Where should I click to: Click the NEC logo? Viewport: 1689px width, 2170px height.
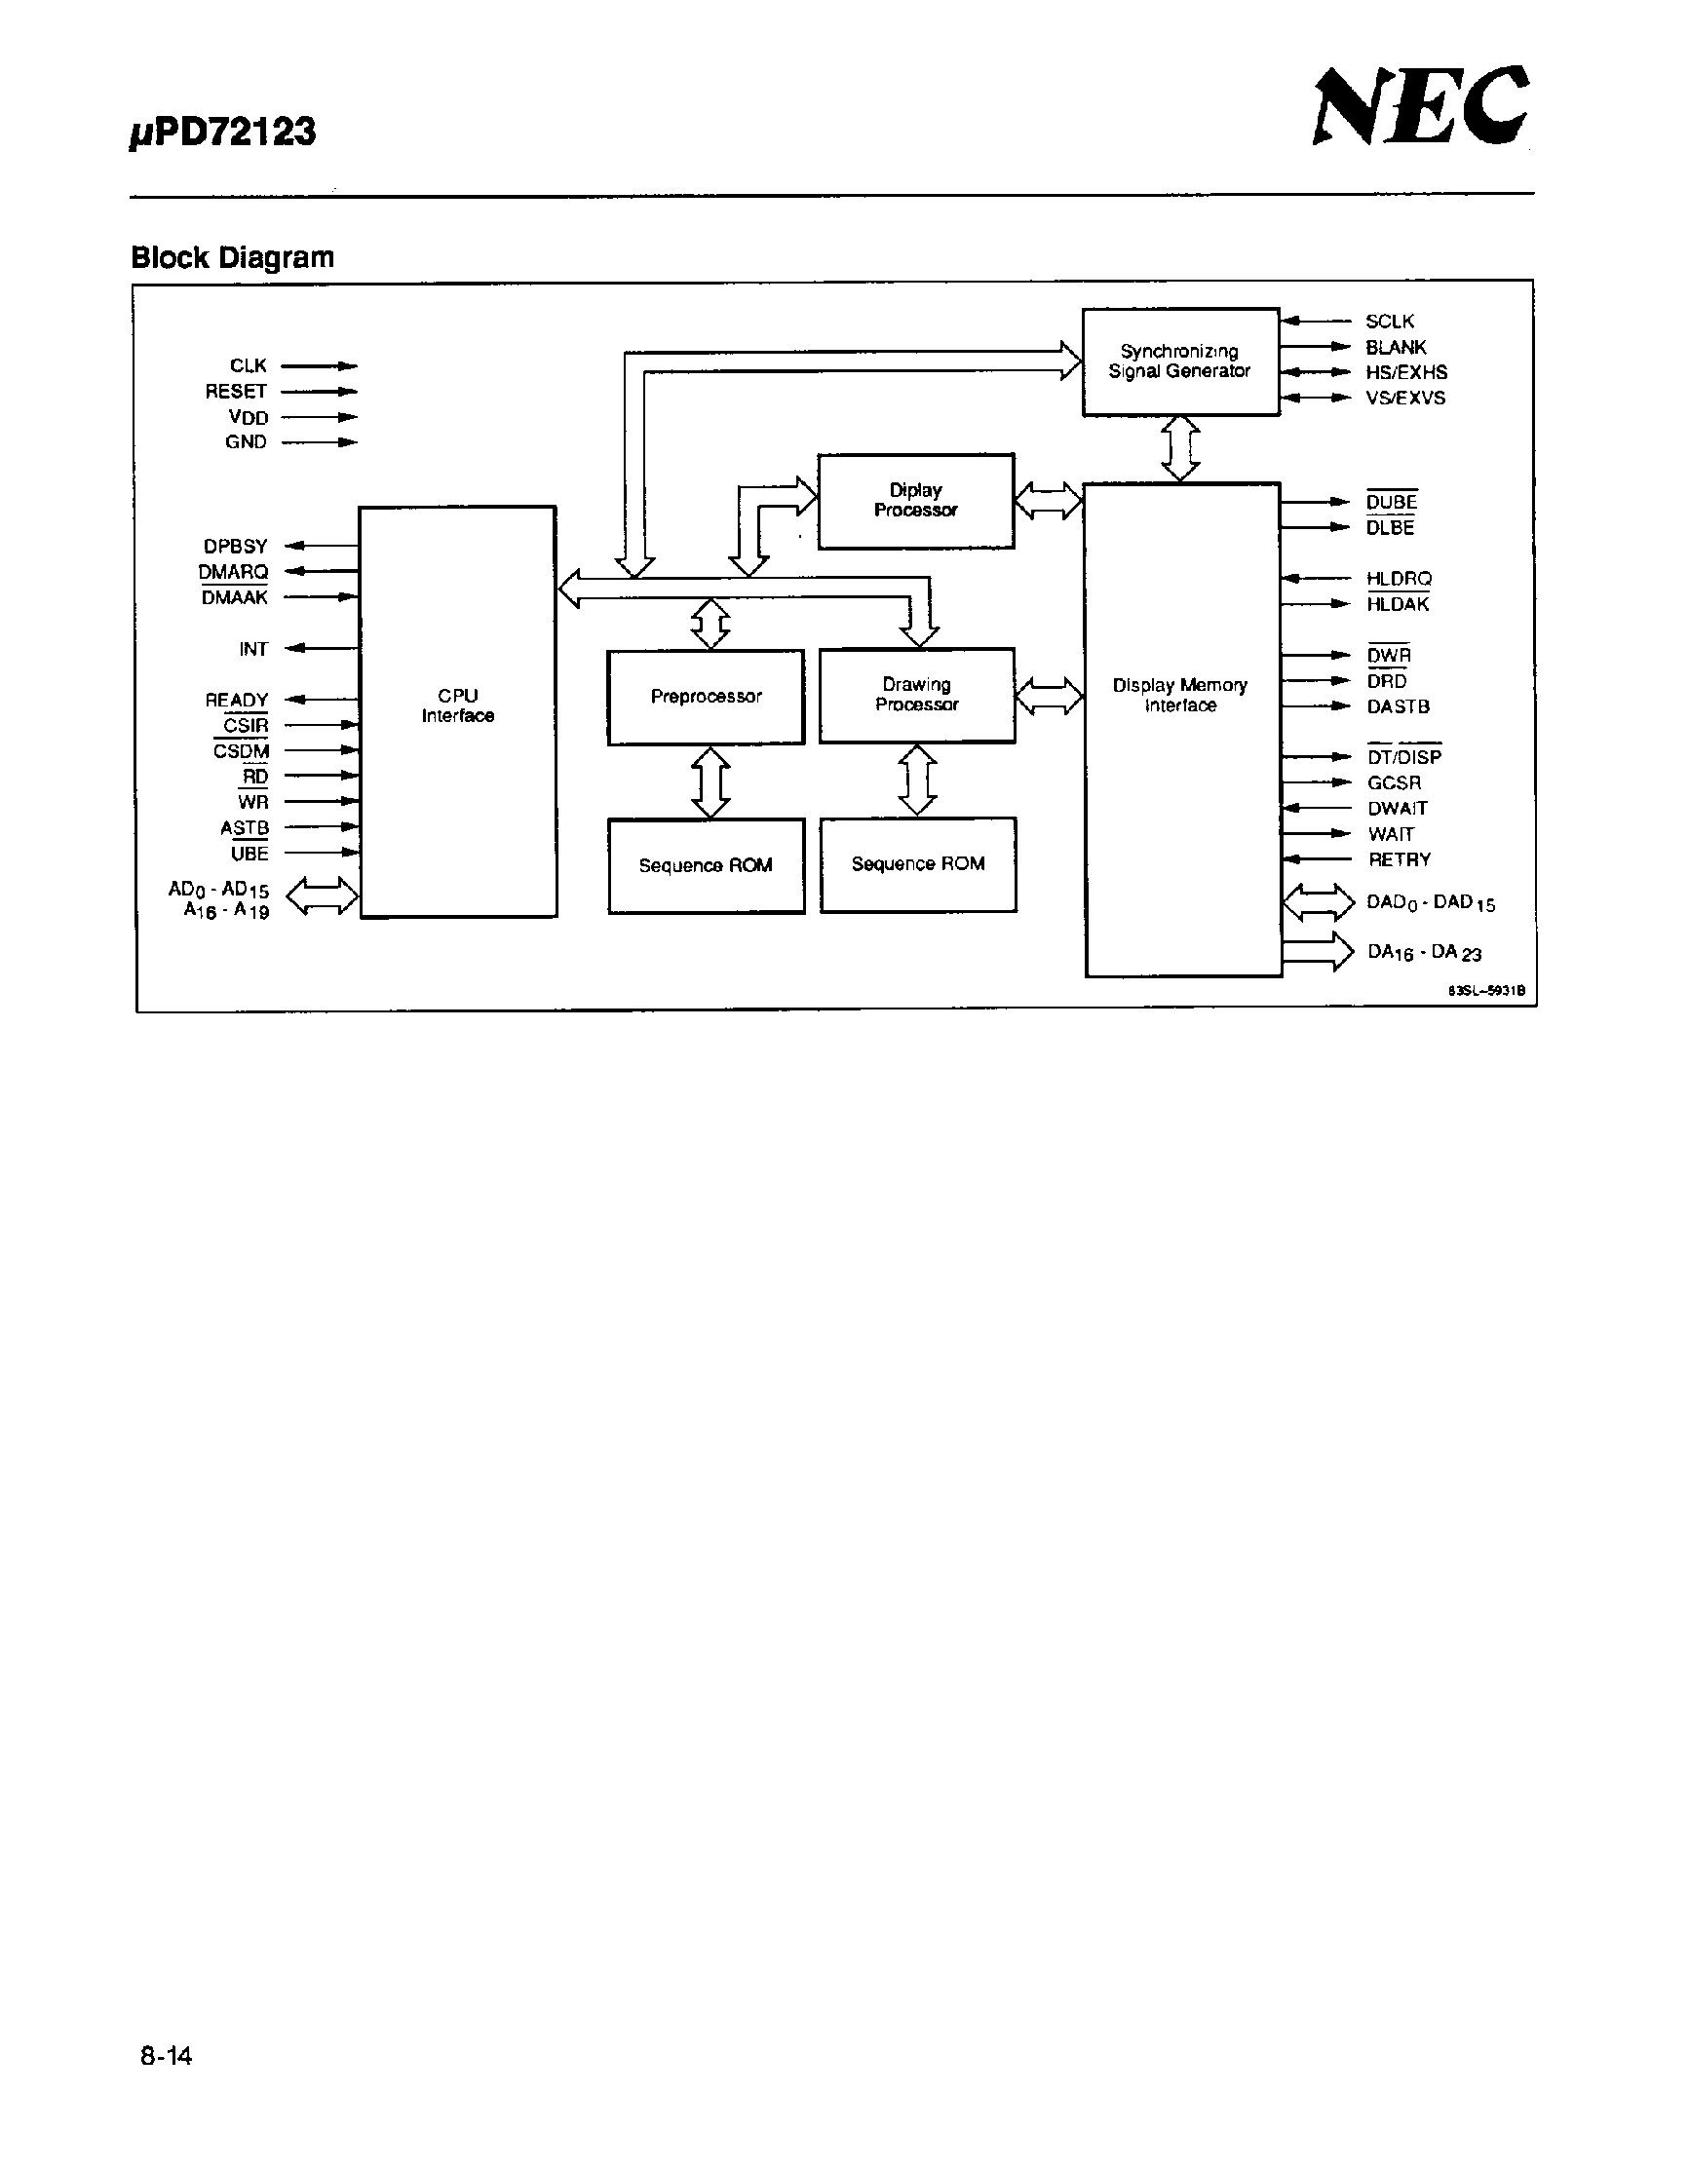coord(1420,106)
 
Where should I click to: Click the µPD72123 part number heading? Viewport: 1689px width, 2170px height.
coord(222,133)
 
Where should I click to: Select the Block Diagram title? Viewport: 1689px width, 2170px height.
coord(233,257)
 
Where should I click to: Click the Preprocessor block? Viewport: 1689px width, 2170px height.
coord(706,697)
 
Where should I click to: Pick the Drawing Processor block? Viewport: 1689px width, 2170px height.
coord(916,695)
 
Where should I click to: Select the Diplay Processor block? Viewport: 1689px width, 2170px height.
coord(915,501)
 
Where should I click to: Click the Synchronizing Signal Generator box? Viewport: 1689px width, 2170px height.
coord(1179,362)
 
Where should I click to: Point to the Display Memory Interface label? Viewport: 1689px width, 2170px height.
coord(1179,696)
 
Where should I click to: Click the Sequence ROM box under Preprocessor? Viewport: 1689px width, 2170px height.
coord(706,865)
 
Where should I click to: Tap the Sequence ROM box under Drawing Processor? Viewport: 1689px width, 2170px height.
coord(917,864)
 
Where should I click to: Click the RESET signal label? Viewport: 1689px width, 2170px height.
coord(236,392)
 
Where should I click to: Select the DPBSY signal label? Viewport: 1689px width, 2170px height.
coord(236,547)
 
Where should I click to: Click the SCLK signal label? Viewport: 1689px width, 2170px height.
coord(1389,321)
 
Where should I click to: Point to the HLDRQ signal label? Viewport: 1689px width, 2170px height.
coord(1398,578)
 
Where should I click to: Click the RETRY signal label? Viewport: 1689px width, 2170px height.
coord(1398,859)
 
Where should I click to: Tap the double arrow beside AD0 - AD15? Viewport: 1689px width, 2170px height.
coord(322,896)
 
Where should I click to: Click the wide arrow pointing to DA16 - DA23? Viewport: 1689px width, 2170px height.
coord(1318,952)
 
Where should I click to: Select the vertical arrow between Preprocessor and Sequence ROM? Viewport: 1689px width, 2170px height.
coord(710,781)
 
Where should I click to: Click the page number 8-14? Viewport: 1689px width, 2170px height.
coord(166,2056)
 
